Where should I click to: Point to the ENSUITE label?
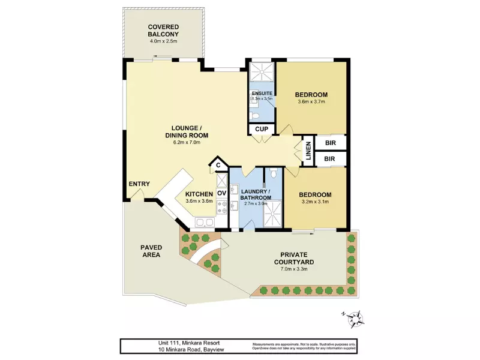[x=262, y=94]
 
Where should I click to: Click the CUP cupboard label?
[x=262, y=129]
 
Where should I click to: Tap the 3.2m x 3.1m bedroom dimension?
[x=315, y=202]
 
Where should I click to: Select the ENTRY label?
[x=139, y=184]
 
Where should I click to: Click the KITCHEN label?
[x=199, y=194]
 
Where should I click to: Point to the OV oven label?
[x=221, y=193]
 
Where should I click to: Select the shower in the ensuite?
[x=261, y=73]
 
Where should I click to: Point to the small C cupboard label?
[x=218, y=164]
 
